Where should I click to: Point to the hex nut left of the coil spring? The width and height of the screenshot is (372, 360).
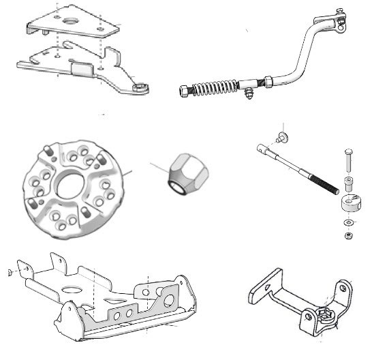(x=186, y=90)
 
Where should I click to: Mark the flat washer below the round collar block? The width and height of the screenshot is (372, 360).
(x=349, y=222)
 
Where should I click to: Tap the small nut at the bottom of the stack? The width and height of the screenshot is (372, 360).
(x=349, y=236)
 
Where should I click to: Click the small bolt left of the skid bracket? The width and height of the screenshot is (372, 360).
(x=8, y=273)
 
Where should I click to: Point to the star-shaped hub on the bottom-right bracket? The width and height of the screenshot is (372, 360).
(x=325, y=318)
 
